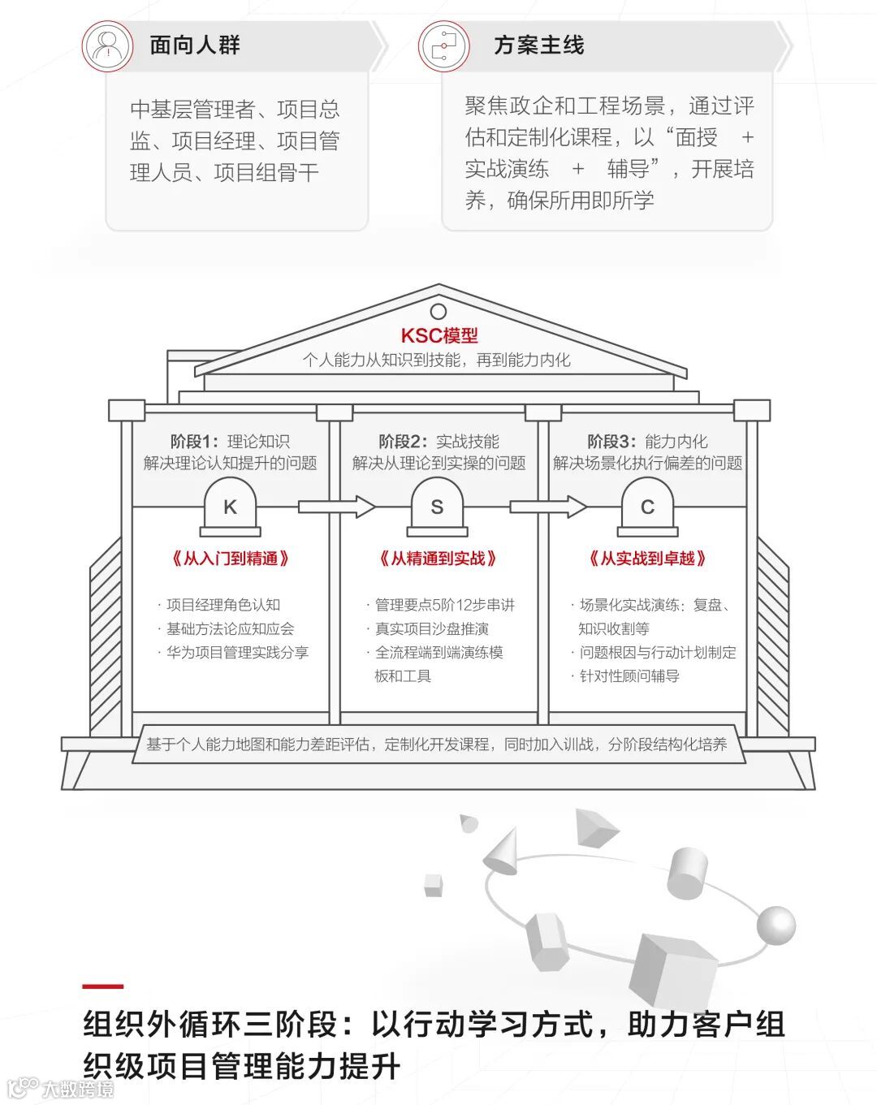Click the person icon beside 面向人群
[x=107, y=46]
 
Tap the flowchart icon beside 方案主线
[x=444, y=46]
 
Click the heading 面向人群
[x=195, y=45]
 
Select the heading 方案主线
[x=538, y=45]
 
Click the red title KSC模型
[x=439, y=335]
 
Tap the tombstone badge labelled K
[x=231, y=507]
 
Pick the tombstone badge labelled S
[x=437, y=507]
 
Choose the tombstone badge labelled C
[x=647, y=507]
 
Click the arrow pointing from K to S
[x=336, y=507]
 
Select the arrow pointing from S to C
[x=547, y=507]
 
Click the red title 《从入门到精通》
[x=231, y=559]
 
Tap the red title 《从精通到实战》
[x=438, y=559]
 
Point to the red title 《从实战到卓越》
[x=647, y=559]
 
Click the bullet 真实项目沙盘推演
[x=431, y=628]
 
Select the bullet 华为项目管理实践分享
[x=237, y=652]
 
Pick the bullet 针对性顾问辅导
[x=629, y=676]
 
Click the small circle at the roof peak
[x=438, y=312]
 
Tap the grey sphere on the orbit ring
[x=775, y=925]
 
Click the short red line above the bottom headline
[x=103, y=986]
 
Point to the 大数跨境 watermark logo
[x=61, y=1088]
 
